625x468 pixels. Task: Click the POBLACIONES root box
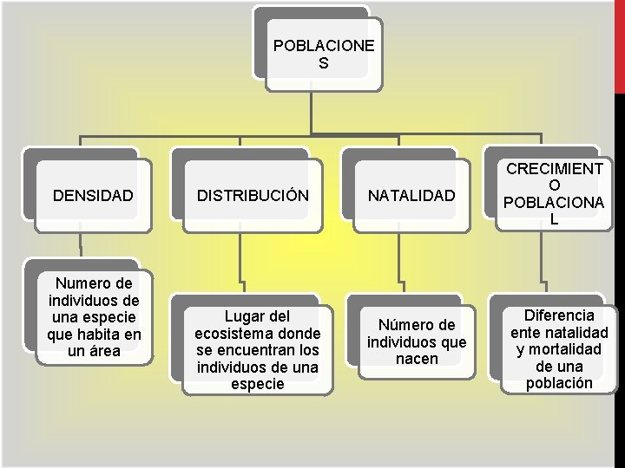coord(323,54)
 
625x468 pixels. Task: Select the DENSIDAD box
coord(93,196)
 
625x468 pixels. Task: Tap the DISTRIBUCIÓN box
coord(253,196)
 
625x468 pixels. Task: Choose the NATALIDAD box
coord(411,197)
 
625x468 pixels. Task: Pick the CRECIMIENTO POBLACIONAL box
coord(555,194)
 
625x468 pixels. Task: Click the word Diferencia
coord(558,315)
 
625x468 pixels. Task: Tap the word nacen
coord(417,359)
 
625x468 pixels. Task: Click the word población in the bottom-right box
coord(559,383)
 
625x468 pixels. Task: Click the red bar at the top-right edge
coord(619,43)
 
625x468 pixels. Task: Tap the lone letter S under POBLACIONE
coord(324,63)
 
